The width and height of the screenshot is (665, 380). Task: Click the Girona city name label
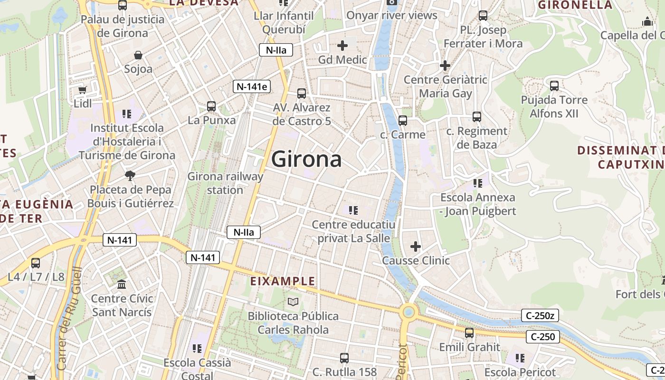306,159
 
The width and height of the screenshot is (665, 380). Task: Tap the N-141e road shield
252,86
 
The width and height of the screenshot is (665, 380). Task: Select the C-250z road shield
539,315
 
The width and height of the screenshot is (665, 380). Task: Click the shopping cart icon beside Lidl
82,90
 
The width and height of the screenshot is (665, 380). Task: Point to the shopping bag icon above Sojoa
138,56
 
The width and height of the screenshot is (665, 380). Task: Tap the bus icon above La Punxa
211,106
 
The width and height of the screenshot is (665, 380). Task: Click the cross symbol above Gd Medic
342,46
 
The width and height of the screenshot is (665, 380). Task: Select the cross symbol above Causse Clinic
416,247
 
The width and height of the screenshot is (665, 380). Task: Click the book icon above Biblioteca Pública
294,302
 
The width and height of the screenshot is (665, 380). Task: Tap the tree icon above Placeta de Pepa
130,176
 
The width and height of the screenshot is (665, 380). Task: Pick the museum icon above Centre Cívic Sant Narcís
122,285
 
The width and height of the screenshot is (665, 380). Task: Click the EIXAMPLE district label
283,281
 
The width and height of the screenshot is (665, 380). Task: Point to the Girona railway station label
225,183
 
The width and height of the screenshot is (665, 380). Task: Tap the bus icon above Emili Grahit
469,333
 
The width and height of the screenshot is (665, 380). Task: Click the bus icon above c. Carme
403,121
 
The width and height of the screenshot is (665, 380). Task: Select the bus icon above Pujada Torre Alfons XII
554,86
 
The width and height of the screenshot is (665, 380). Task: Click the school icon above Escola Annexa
478,183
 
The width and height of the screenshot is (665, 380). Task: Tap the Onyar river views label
391,15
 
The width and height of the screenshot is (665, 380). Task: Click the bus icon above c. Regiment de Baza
477,117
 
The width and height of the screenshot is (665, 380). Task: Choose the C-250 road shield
543,337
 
